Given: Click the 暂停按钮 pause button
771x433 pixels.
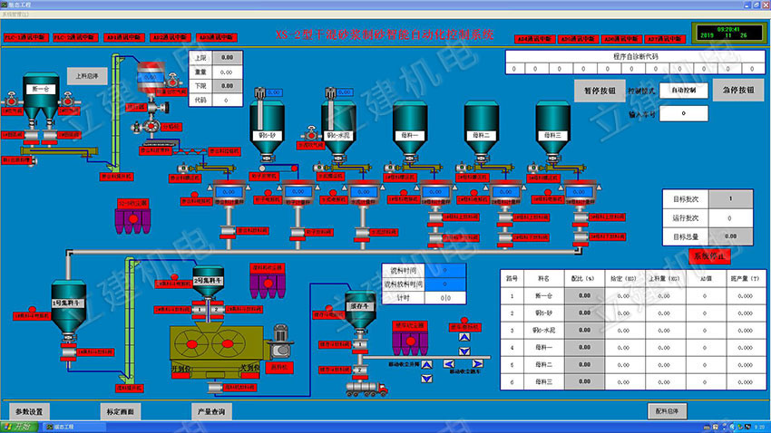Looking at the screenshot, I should (600, 91).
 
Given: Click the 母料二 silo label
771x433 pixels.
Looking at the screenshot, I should (482, 135).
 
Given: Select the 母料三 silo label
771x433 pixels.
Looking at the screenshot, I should (552, 135).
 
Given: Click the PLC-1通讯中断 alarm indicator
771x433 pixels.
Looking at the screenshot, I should (24, 37).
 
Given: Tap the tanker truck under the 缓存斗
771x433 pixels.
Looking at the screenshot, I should (372, 387).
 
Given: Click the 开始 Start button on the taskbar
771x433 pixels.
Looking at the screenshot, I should (20, 427).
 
